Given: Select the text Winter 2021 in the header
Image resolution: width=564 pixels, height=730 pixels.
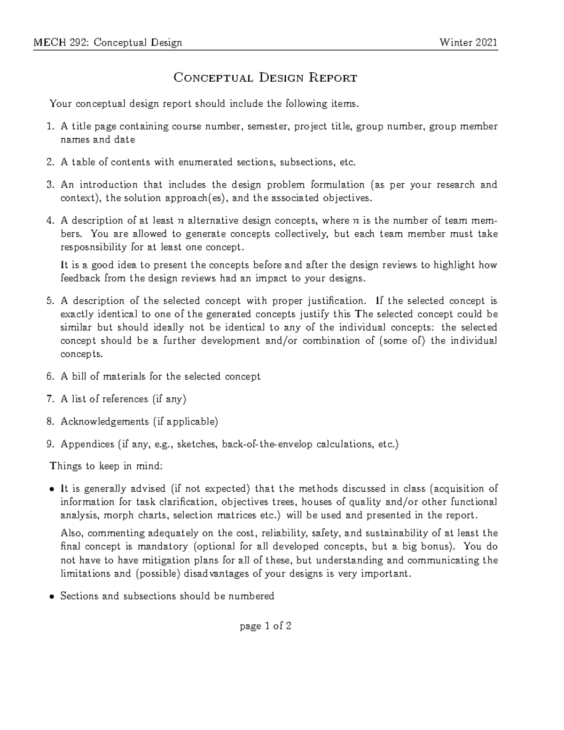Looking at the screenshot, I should pos(468,43).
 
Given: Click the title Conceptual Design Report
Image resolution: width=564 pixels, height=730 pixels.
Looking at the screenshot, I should pos(265,78).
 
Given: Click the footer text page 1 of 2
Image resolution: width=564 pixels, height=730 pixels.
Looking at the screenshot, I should pos(266,626).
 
